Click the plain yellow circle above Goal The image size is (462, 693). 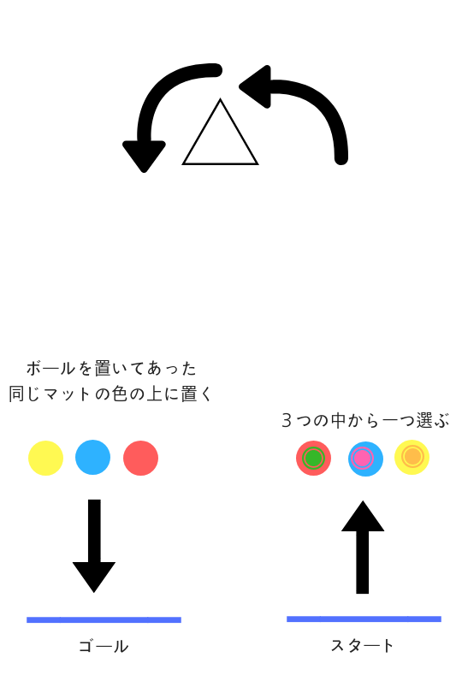[45, 458]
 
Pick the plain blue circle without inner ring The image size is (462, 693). [93, 458]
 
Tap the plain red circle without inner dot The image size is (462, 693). [140, 458]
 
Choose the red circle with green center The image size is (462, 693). [313, 458]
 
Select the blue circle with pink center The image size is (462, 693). [365, 459]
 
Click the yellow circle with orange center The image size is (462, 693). [412, 457]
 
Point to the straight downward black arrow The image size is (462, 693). [94, 546]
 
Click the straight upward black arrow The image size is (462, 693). [363, 548]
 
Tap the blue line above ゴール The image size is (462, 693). [104, 619]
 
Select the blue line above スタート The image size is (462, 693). [364, 619]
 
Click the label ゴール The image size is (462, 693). [104, 646]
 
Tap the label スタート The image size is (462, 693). [362, 645]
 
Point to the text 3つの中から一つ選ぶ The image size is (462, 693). [365, 420]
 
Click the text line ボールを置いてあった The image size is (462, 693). [111, 368]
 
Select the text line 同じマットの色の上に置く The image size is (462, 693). [110, 394]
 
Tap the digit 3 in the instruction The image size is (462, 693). [287, 420]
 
